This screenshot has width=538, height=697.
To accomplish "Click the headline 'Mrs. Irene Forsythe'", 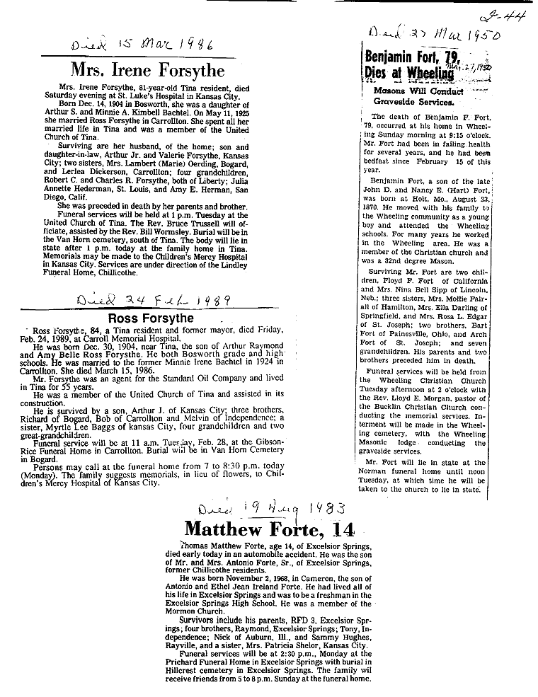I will [148, 70].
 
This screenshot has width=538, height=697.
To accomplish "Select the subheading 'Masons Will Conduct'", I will [418, 91].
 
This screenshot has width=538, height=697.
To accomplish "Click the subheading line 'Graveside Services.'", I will [412, 102].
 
